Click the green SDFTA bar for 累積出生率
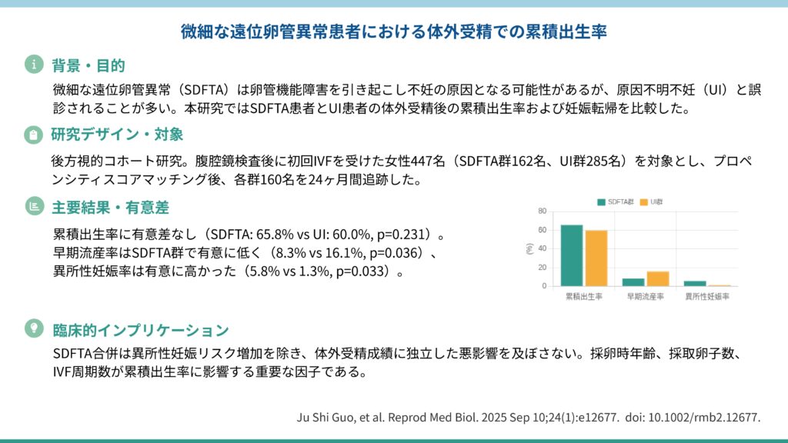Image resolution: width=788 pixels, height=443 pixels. [x=571, y=255]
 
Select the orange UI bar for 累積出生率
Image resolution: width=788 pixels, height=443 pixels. [x=596, y=258]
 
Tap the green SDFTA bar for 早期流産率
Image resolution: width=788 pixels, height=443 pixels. [x=633, y=282]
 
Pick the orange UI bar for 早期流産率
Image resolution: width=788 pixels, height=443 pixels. [x=657, y=278]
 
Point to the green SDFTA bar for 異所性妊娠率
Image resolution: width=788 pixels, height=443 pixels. [x=694, y=284]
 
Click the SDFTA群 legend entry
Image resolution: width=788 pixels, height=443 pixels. [x=616, y=202]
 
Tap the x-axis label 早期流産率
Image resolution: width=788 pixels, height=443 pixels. [x=645, y=296]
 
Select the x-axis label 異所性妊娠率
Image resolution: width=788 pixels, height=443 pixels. [x=706, y=296]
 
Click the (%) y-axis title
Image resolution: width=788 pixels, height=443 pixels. [x=529, y=248]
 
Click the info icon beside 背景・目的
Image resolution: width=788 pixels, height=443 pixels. [x=33, y=65]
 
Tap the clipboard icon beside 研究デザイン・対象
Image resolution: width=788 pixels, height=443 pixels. [x=33, y=135]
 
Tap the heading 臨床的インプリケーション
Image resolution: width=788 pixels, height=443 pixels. [x=140, y=330]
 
